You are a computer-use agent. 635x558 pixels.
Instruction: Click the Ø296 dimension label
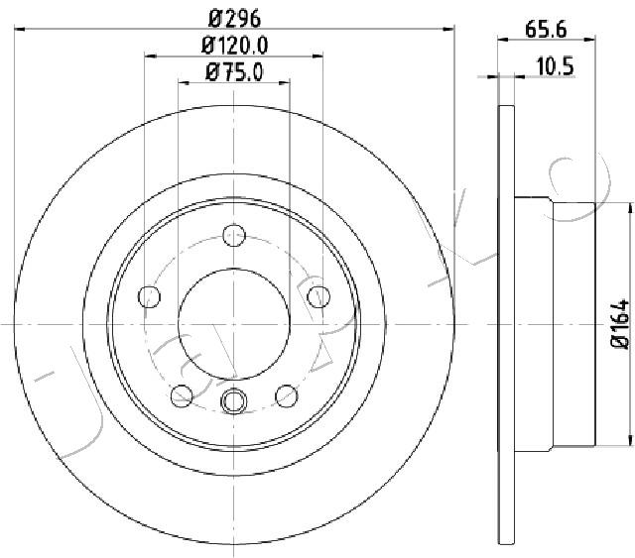[234, 19]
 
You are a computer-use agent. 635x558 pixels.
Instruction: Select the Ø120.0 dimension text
[234, 46]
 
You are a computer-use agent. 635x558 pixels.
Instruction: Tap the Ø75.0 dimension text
[234, 72]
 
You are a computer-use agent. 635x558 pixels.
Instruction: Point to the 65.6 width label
[546, 30]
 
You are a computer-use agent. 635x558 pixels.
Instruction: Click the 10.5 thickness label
[556, 66]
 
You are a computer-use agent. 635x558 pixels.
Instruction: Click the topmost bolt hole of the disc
[234, 235]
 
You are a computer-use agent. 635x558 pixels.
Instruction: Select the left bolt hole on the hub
[150, 296]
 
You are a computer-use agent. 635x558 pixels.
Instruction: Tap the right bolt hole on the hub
[318, 296]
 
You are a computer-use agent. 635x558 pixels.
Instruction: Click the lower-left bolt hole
[182, 395]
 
